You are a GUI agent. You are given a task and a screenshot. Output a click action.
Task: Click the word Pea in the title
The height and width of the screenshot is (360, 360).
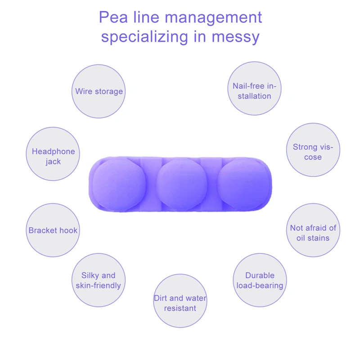[x=113, y=17]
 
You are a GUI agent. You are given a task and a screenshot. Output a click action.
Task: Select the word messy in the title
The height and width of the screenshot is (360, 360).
[x=235, y=37]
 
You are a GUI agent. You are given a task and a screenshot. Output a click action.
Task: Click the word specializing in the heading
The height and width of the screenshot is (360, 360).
[x=145, y=37]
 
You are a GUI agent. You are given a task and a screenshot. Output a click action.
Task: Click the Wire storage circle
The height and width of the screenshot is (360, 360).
[x=99, y=91]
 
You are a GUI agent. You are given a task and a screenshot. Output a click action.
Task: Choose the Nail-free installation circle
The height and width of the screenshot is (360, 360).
[x=254, y=88]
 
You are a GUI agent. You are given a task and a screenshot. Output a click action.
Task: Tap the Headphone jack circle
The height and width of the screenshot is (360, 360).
[x=53, y=154]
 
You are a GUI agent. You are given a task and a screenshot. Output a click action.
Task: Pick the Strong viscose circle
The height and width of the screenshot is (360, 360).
[x=313, y=150]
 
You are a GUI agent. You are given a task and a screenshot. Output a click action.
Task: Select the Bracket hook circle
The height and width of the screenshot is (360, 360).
[x=53, y=230]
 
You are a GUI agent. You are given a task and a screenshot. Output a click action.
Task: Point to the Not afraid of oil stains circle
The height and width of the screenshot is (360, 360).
[x=313, y=230]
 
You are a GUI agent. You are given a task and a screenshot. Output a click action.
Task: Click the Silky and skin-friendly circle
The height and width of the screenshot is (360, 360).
[x=99, y=280]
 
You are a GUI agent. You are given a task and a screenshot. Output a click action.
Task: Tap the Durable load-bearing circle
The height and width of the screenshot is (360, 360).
[x=260, y=280]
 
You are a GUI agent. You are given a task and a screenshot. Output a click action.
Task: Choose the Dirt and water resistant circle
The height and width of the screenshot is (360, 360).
[x=180, y=301]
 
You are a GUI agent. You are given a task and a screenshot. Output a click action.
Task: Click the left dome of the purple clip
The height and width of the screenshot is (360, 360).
[x=119, y=184]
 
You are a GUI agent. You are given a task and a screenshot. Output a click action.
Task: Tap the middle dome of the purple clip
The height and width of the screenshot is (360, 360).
[x=182, y=184]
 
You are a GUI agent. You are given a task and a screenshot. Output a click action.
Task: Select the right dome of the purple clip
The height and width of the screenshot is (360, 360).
[x=243, y=184]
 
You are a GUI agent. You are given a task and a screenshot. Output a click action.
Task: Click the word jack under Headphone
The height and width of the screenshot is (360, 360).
[x=53, y=162]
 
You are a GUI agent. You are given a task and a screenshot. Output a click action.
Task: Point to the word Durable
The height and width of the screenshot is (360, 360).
[x=260, y=275]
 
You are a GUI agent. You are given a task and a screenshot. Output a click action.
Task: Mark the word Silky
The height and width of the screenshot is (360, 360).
[x=90, y=275]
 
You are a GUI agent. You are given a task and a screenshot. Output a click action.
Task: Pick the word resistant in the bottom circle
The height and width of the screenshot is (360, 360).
[x=180, y=308]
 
